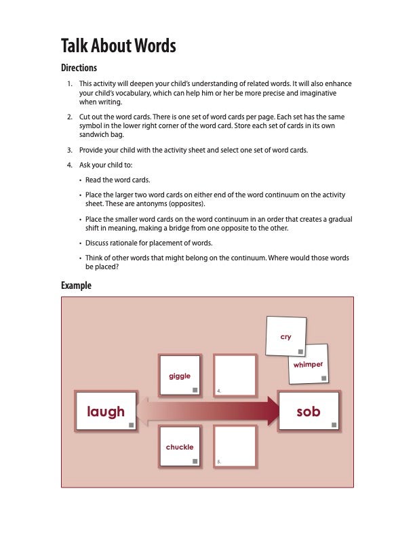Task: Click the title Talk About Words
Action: tap(118, 46)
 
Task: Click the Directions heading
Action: tap(79, 68)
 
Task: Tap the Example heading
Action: tap(76, 285)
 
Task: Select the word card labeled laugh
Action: tap(106, 411)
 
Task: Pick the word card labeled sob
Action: tap(308, 411)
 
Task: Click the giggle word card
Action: tap(180, 375)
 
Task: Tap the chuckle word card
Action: tap(180, 446)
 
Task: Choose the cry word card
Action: tap(285, 336)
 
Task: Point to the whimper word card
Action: tap(309, 365)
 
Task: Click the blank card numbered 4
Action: tap(235, 375)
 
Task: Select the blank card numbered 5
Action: tap(235, 446)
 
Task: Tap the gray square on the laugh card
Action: tap(132, 423)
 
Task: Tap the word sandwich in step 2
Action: tap(94, 134)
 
